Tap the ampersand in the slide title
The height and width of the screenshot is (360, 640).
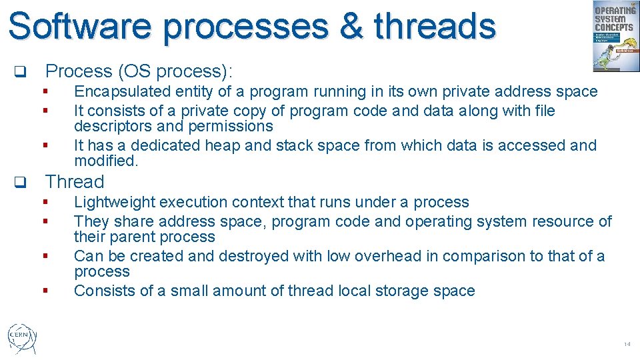[x=349, y=27]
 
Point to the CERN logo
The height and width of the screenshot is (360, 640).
[x=21, y=337]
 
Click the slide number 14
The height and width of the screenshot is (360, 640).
[x=627, y=344]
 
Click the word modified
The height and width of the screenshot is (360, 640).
[x=105, y=161]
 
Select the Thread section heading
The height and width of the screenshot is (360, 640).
[x=75, y=182]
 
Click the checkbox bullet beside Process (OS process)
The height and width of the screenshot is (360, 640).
[x=20, y=71]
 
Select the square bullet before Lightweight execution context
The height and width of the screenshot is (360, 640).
[x=45, y=202]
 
